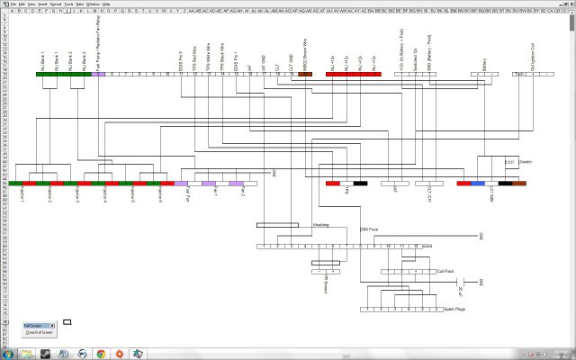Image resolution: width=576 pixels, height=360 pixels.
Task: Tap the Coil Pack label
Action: click(x=444, y=270)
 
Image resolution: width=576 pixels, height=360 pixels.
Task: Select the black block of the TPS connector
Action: click(x=360, y=184)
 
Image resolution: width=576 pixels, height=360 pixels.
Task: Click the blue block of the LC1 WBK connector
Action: click(x=478, y=184)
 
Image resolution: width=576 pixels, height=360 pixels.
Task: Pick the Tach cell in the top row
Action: click(x=518, y=74)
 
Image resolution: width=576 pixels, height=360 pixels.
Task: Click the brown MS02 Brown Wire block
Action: click(x=305, y=74)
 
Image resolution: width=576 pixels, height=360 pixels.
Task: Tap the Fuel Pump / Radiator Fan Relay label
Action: click(x=98, y=54)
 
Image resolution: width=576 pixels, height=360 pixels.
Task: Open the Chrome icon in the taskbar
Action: click(x=99, y=354)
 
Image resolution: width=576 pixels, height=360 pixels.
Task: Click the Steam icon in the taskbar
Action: click(x=139, y=354)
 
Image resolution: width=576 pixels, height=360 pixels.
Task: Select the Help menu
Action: click(x=106, y=4)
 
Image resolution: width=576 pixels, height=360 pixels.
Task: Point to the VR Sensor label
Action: click(x=323, y=286)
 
